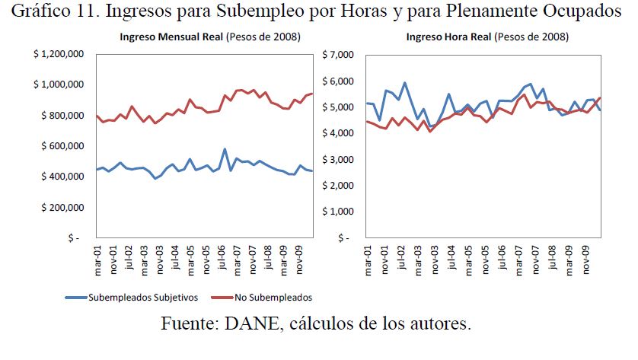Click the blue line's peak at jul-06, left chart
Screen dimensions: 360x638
pos(224,149)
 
